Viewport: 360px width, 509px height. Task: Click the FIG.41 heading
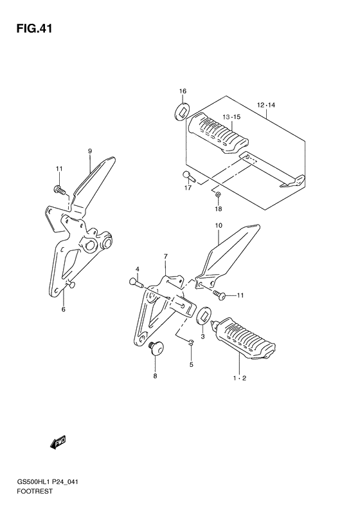(x=34, y=29)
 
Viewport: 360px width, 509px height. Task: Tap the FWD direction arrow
(x=59, y=442)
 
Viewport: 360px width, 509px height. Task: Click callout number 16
(x=183, y=91)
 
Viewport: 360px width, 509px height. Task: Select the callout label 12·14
(x=266, y=105)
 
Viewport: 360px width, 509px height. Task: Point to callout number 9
(x=90, y=151)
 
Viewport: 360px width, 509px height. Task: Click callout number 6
(x=64, y=310)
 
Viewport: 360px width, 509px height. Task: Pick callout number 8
(x=155, y=376)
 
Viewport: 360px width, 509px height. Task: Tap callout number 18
(x=219, y=208)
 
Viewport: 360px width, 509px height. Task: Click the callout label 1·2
(x=240, y=378)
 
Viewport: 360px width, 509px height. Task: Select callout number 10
(x=218, y=225)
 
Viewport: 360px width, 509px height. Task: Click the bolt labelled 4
(x=137, y=283)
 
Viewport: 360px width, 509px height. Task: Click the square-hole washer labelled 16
(x=181, y=111)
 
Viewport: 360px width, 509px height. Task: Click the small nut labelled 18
(x=219, y=194)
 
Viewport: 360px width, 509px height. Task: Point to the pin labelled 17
(x=188, y=176)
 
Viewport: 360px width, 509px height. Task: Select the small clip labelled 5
(x=192, y=341)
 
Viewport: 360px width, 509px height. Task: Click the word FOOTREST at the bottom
(x=34, y=492)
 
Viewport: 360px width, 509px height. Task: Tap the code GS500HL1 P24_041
(x=48, y=482)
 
